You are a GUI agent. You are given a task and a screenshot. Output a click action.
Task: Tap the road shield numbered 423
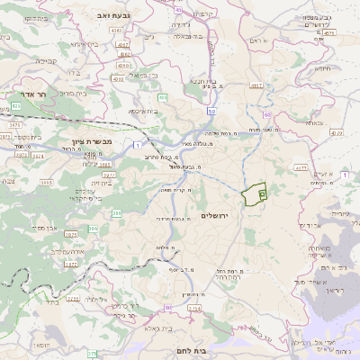(16, 105)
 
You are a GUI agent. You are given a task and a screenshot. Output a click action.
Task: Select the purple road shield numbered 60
(266, 115)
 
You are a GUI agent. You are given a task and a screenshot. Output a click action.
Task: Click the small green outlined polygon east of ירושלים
(256, 193)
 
